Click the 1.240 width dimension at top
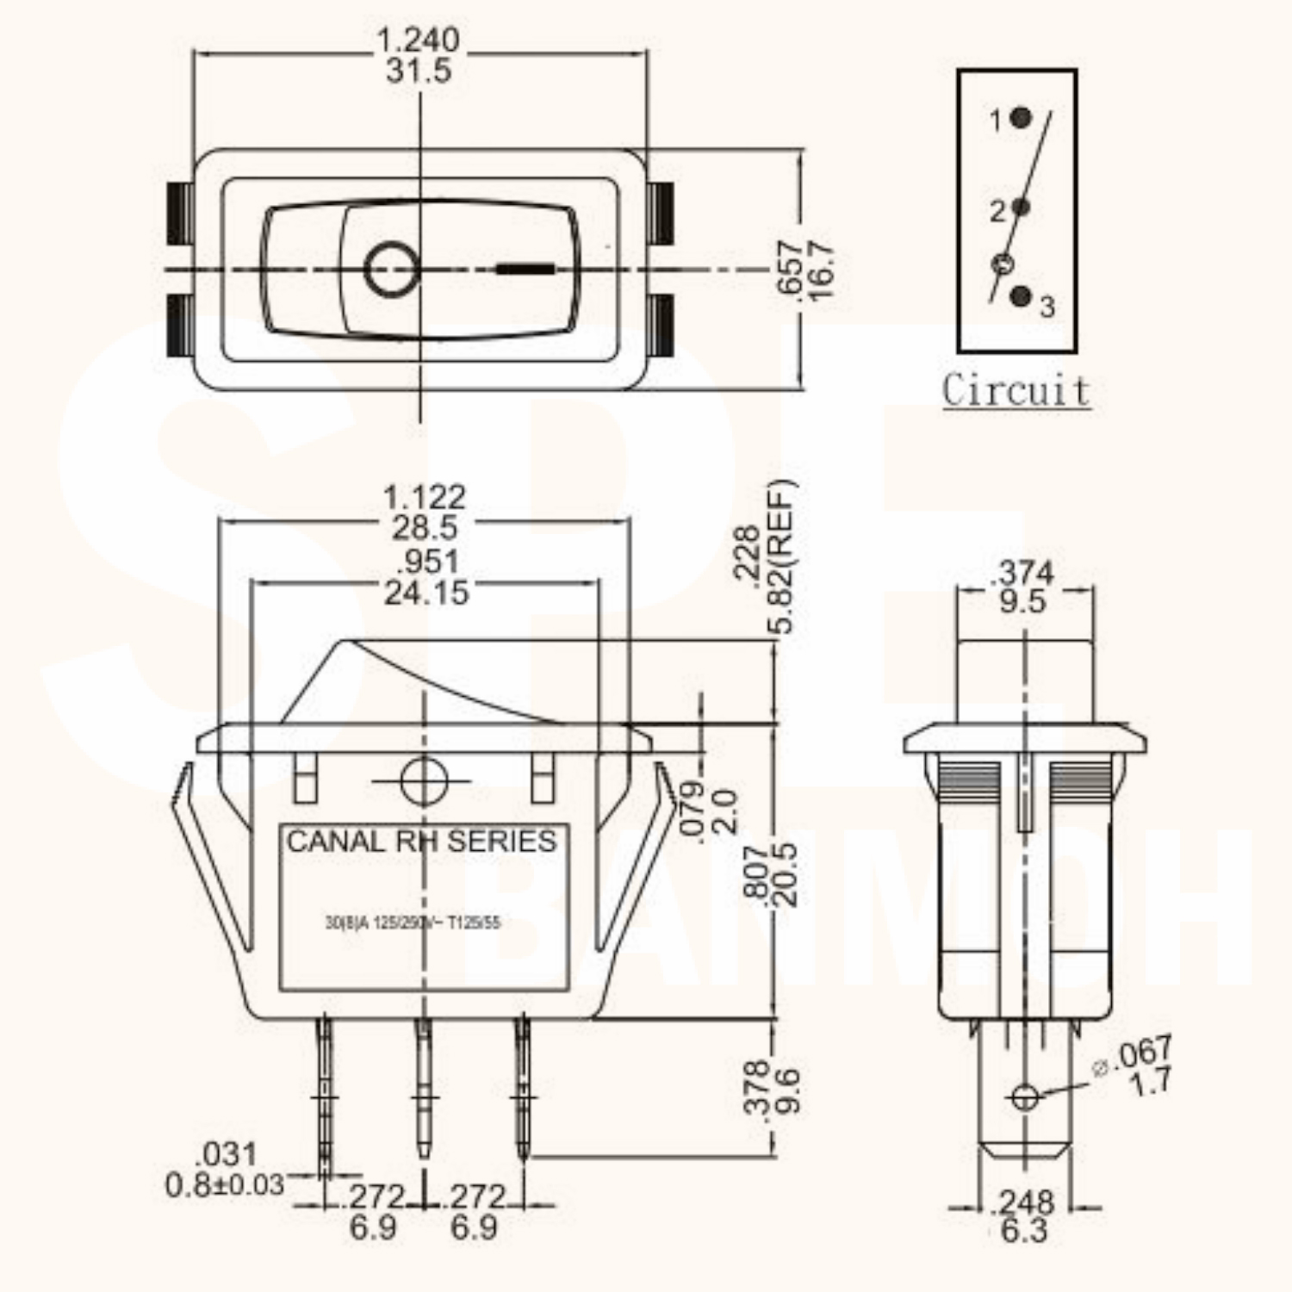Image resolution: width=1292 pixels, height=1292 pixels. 419,40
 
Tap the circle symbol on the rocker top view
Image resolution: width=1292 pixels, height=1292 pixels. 392,270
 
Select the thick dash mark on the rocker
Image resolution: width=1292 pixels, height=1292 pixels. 525,269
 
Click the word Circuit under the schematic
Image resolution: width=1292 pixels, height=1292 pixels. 1016,390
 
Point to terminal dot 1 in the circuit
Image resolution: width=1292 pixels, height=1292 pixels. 1021,118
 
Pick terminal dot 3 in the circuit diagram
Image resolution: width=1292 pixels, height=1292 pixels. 1022,296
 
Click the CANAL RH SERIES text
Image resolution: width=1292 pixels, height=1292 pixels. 421,842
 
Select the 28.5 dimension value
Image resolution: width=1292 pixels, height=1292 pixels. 425,528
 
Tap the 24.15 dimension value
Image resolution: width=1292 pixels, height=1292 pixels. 426,593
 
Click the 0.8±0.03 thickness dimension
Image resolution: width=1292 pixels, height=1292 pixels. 224,1185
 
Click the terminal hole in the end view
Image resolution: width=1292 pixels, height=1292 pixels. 1024,1097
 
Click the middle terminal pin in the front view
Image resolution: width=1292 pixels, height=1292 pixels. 423,1090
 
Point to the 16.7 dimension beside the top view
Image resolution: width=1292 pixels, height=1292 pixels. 822,270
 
